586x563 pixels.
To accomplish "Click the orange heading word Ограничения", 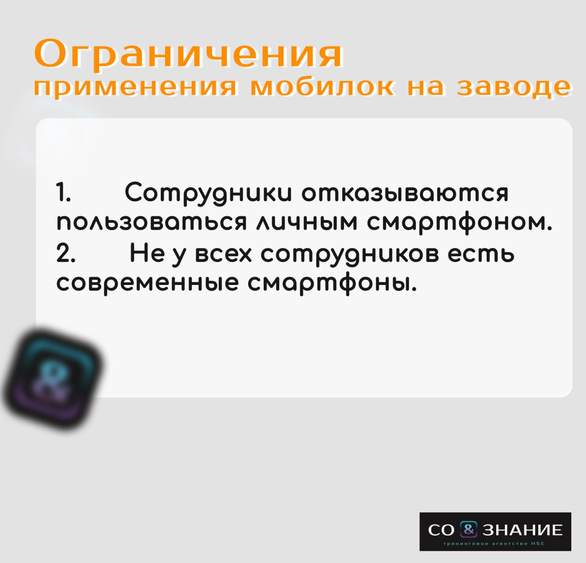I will tap(188, 54).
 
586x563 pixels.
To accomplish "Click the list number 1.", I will tap(63, 193).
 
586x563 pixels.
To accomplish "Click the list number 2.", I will tap(65, 254).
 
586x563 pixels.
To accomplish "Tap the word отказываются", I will tap(405, 194).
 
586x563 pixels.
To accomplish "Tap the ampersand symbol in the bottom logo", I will tap(468, 529).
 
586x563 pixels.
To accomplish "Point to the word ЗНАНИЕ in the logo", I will tap(523, 530).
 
